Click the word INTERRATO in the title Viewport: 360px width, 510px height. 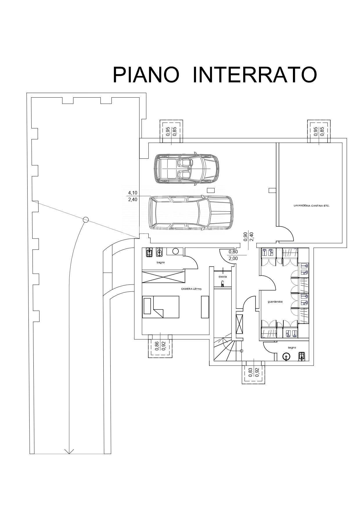[x=254, y=75]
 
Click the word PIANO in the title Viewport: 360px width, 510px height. [x=146, y=75]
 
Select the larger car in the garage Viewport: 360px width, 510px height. [x=190, y=212]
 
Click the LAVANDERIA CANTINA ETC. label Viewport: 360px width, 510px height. [x=312, y=205]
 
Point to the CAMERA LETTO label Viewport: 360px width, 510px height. [x=191, y=289]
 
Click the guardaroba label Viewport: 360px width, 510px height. [x=275, y=302]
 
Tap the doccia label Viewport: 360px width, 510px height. [x=223, y=277]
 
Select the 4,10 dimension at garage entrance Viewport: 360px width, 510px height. [x=132, y=193]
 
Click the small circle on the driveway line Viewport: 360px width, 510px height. [x=86, y=220]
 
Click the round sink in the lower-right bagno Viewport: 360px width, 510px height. [x=286, y=357]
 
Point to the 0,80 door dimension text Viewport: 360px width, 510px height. [x=233, y=252]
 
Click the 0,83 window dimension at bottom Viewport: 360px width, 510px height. [x=250, y=373]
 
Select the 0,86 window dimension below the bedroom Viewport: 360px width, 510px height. [x=157, y=346]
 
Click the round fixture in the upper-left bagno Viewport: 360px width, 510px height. [x=175, y=251]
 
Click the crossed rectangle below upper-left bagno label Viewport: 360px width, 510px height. [x=163, y=276]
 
